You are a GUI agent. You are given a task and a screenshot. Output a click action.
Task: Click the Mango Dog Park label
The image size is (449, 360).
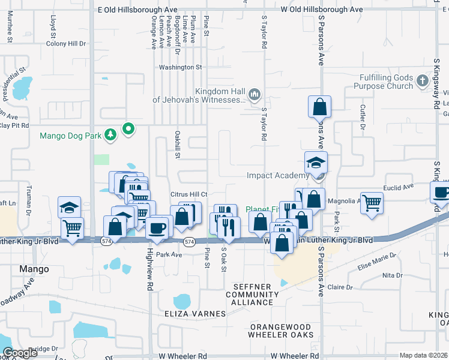pos(70,136)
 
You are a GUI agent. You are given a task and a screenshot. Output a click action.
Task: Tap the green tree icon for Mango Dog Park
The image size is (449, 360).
pos(110,135)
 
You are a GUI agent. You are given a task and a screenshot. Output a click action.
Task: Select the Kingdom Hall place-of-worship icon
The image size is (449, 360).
pos(255,94)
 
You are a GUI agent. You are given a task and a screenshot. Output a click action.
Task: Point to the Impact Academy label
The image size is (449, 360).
pos(277,175)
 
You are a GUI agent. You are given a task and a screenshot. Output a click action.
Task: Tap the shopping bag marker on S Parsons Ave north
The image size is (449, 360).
pos(320,107)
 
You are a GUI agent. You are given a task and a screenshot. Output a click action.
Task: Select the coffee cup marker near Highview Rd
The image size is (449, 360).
pos(158,228)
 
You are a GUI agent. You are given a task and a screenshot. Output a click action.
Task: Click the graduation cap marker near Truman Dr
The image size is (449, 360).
pos(70,208)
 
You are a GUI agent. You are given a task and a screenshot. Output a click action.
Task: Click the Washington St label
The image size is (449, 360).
pos(176,67)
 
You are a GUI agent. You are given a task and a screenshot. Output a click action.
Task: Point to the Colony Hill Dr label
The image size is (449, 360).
pos(67,44)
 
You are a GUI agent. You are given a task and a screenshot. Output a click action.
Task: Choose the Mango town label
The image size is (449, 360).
pos(34,269)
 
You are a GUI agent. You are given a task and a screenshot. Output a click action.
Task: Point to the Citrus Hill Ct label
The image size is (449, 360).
pos(188,194)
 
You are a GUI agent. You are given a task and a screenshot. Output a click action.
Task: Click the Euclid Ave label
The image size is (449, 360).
pos(400,187)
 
